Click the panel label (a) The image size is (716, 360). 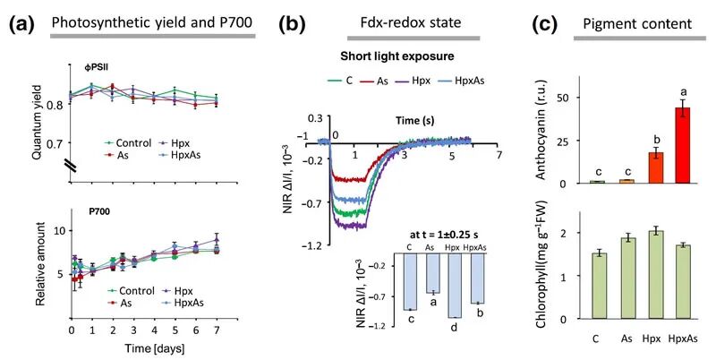pos(20,24)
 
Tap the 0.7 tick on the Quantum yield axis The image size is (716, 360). pos(55,143)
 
